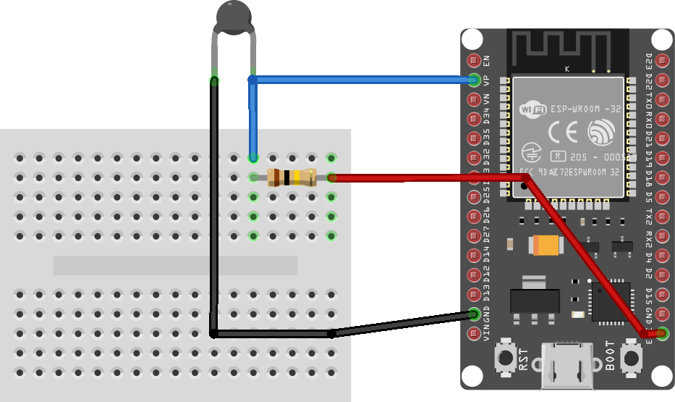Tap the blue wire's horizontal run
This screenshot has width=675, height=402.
[x=362, y=79]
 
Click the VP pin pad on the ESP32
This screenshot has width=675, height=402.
[x=475, y=80]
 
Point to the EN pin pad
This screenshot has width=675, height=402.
[x=475, y=60]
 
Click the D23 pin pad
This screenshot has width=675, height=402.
[x=661, y=60]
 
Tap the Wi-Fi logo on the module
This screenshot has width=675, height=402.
[x=534, y=109]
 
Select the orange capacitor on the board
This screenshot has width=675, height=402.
[x=546, y=246]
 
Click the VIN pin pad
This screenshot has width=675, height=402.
[x=475, y=334]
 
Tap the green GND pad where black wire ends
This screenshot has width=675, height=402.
[x=475, y=314]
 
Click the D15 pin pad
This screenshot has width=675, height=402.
[x=661, y=295]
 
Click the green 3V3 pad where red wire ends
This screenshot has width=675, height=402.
[x=661, y=334]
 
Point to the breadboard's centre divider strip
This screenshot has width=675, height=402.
[x=175, y=265]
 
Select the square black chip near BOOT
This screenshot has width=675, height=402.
[x=609, y=302]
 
